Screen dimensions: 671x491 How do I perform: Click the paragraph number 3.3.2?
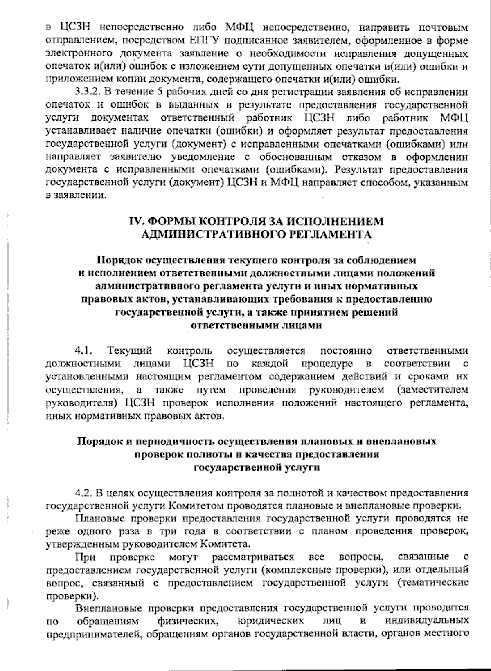point(88,92)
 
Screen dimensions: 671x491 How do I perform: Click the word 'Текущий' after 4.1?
point(130,351)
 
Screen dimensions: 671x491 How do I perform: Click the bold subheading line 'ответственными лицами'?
point(256,326)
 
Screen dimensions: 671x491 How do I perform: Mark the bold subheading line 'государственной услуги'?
point(256,467)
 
